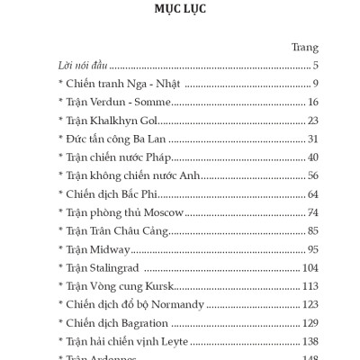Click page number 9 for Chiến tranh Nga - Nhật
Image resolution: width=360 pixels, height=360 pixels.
(316, 84)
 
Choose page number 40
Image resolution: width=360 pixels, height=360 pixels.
(312, 157)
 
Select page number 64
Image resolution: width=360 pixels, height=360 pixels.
(312, 194)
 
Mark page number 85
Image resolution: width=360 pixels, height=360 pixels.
(312, 231)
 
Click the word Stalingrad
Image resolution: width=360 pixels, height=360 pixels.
(117, 268)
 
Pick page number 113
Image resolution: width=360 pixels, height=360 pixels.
(310, 286)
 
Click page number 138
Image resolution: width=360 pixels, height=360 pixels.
(310, 342)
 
